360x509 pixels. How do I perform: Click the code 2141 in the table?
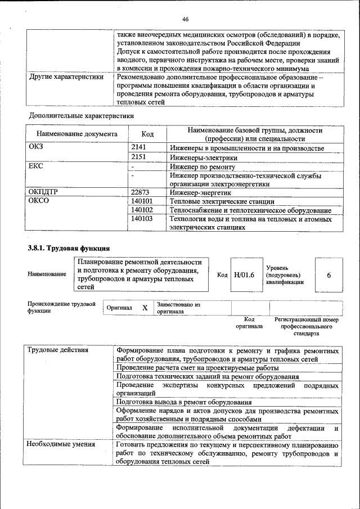click(138, 148)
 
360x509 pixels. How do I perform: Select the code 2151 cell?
click(138, 157)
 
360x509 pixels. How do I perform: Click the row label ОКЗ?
click(36, 148)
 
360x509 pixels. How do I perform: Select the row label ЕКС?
click(35, 167)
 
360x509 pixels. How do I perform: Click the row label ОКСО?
click(39, 201)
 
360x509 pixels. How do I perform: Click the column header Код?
click(147, 134)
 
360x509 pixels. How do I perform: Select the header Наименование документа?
click(76, 134)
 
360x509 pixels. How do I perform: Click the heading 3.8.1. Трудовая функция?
click(69, 248)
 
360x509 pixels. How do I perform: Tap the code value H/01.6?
click(244, 274)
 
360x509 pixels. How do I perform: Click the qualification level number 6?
click(328, 275)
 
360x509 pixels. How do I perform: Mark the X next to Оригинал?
click(145, 308)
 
